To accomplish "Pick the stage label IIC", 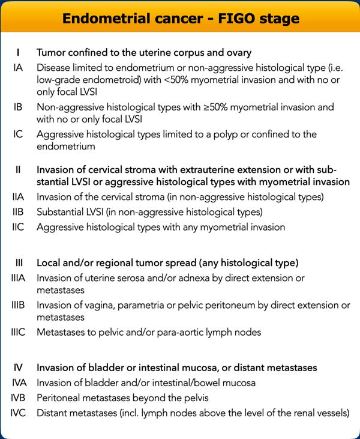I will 19,227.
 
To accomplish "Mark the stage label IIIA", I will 19,277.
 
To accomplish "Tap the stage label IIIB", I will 19,305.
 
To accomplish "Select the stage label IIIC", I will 19,332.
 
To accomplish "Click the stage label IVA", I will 19,383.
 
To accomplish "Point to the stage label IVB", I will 19,398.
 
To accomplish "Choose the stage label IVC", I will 19,413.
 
